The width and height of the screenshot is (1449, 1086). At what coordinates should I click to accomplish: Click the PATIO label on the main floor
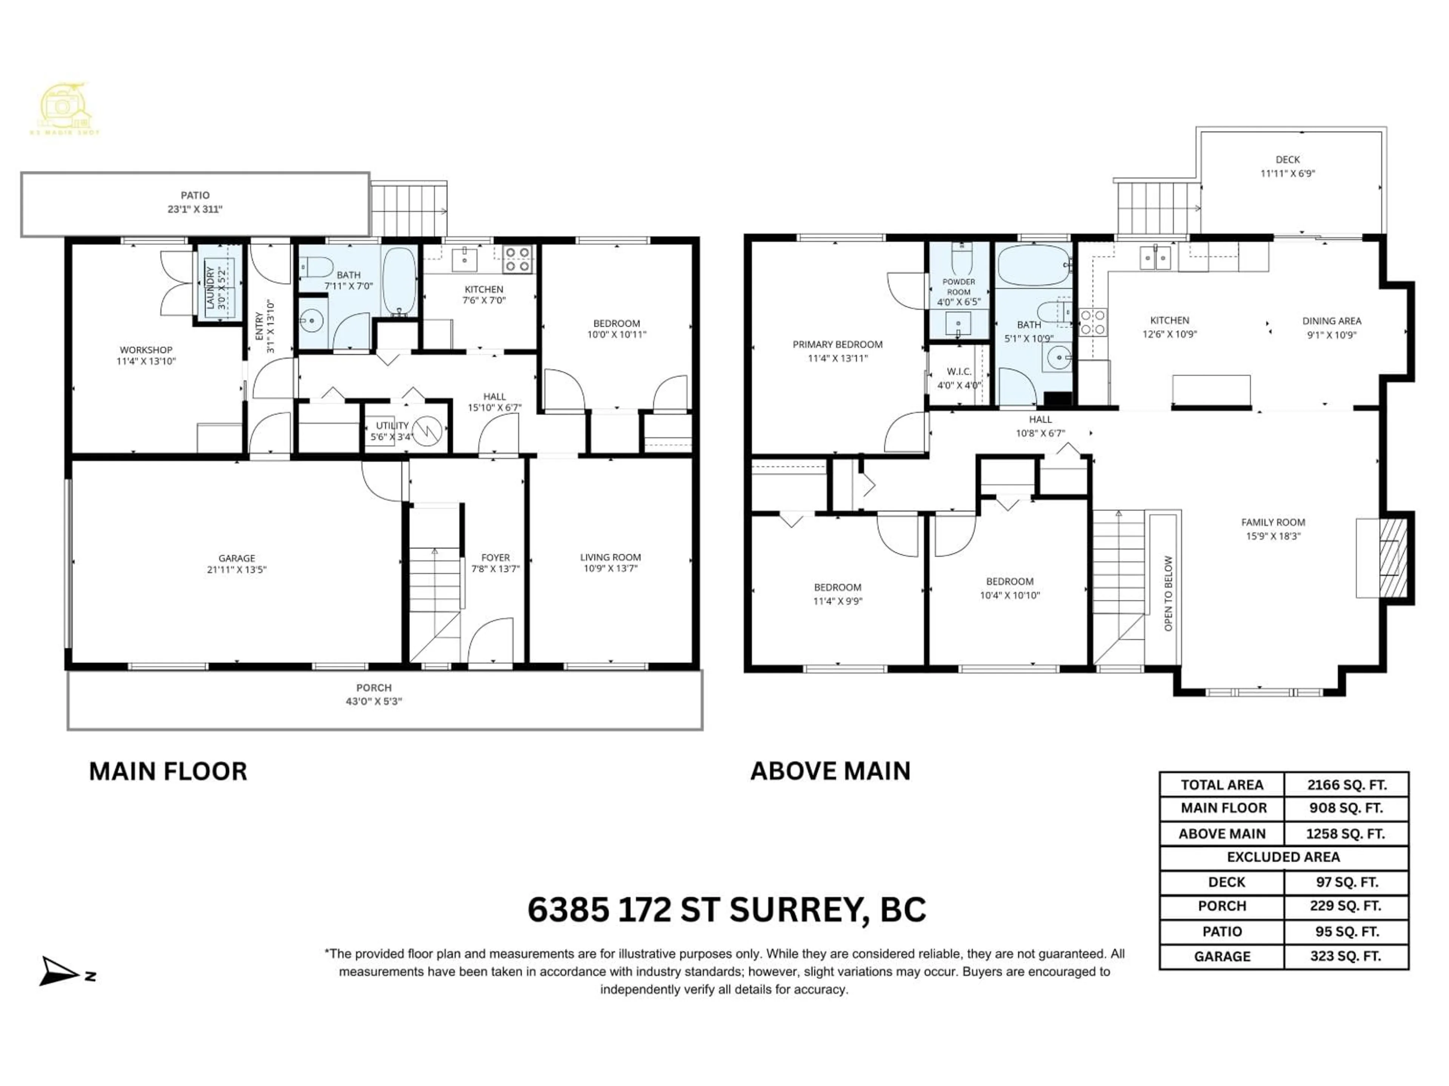(195, 195)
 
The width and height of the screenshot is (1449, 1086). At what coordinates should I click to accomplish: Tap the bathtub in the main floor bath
(398, 280)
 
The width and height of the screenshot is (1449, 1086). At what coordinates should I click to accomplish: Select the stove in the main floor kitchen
(517, 259)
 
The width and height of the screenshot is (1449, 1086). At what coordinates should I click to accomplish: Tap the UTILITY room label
(392, 425)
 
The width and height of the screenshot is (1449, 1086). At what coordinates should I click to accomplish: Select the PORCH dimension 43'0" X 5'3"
(374, 701)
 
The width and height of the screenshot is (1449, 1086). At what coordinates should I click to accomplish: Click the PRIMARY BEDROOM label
(837, 344)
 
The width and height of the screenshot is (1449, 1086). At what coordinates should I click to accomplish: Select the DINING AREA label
(1331, 321)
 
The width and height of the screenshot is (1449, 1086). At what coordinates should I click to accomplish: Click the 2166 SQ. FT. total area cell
(1346, 785)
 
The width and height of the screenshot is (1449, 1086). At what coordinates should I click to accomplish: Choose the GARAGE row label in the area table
(1222, 956)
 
